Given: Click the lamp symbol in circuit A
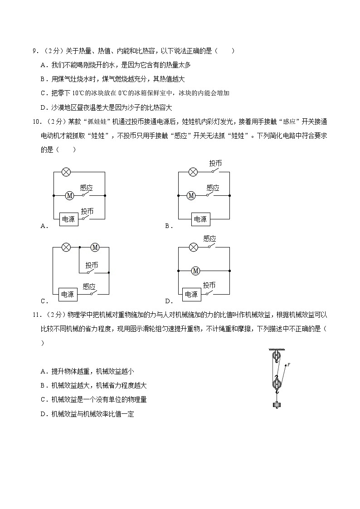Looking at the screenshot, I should [x=66, y=172].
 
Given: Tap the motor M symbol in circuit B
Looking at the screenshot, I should [x=191, y=196].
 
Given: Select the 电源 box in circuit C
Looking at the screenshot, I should [x=68, y=294].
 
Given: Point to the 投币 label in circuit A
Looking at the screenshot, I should [x=87, y=211].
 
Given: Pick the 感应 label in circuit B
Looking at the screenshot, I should [x=213, y=187].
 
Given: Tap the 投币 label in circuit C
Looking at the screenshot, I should [x=92, y=265].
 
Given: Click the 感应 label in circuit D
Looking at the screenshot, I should [x=209, y=238].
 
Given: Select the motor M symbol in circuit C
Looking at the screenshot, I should [x=95, y=247].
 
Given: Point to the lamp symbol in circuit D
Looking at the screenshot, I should [x=193, y=247].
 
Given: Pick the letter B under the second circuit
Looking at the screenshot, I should [x=167, y=226].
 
